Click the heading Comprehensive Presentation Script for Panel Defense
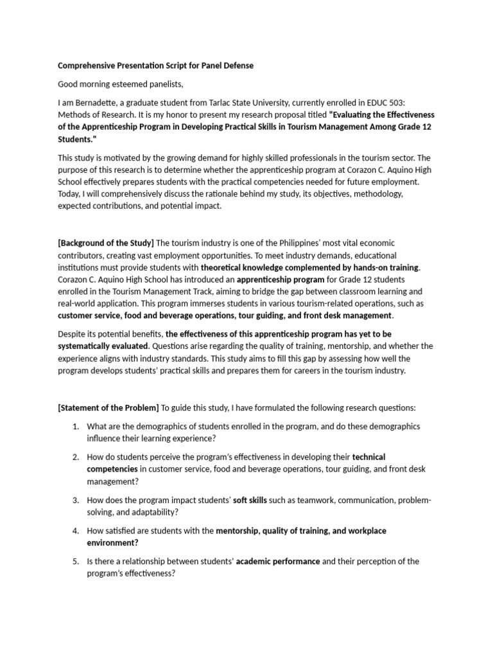156,66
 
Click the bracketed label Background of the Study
106,242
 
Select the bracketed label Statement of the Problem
108,407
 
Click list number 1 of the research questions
75,426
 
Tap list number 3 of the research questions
75,500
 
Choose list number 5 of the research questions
75,561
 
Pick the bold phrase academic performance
278,561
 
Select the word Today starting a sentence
69,193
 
